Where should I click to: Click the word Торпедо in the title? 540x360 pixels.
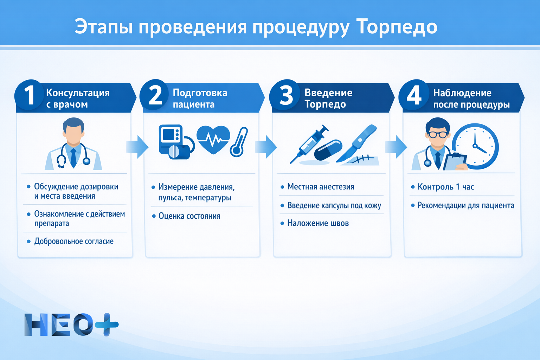[x=397, y=27]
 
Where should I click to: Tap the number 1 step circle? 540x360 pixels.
[x=30, y=95]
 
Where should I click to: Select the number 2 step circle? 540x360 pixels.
[x=155, y=95]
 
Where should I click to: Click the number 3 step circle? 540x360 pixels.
[x=285, y=95]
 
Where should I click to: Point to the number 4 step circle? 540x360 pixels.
[x=414, y=95]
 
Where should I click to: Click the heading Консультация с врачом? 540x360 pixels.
[x=78, y=98]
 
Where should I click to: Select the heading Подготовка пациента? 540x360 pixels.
[x=200, y=98]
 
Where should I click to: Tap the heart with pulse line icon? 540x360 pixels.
[x=213, y=140]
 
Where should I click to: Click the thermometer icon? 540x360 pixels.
[x=239, y=142]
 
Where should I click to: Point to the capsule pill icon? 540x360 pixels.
[x=328, y=150]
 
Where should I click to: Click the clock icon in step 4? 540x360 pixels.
[x=475, y=146]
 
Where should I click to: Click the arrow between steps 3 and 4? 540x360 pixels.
[x=396, y=147]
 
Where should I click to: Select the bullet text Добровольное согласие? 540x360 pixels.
[x=74, y=242]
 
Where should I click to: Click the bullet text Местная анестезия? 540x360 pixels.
[x=321, y=187]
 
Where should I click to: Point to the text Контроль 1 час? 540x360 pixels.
[x=445, y=187]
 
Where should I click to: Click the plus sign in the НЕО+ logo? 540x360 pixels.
[x=107, y=324]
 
